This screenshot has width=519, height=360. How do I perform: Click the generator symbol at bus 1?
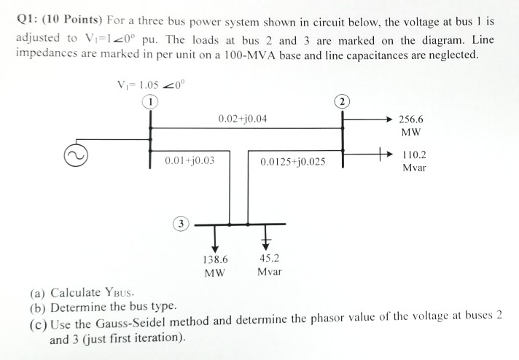77,154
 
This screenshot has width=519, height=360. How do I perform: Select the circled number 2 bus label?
343,101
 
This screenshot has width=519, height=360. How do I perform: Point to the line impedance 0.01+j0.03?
190,160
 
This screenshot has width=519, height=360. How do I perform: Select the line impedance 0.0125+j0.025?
292,161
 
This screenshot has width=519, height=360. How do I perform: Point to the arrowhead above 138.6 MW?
216,246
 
